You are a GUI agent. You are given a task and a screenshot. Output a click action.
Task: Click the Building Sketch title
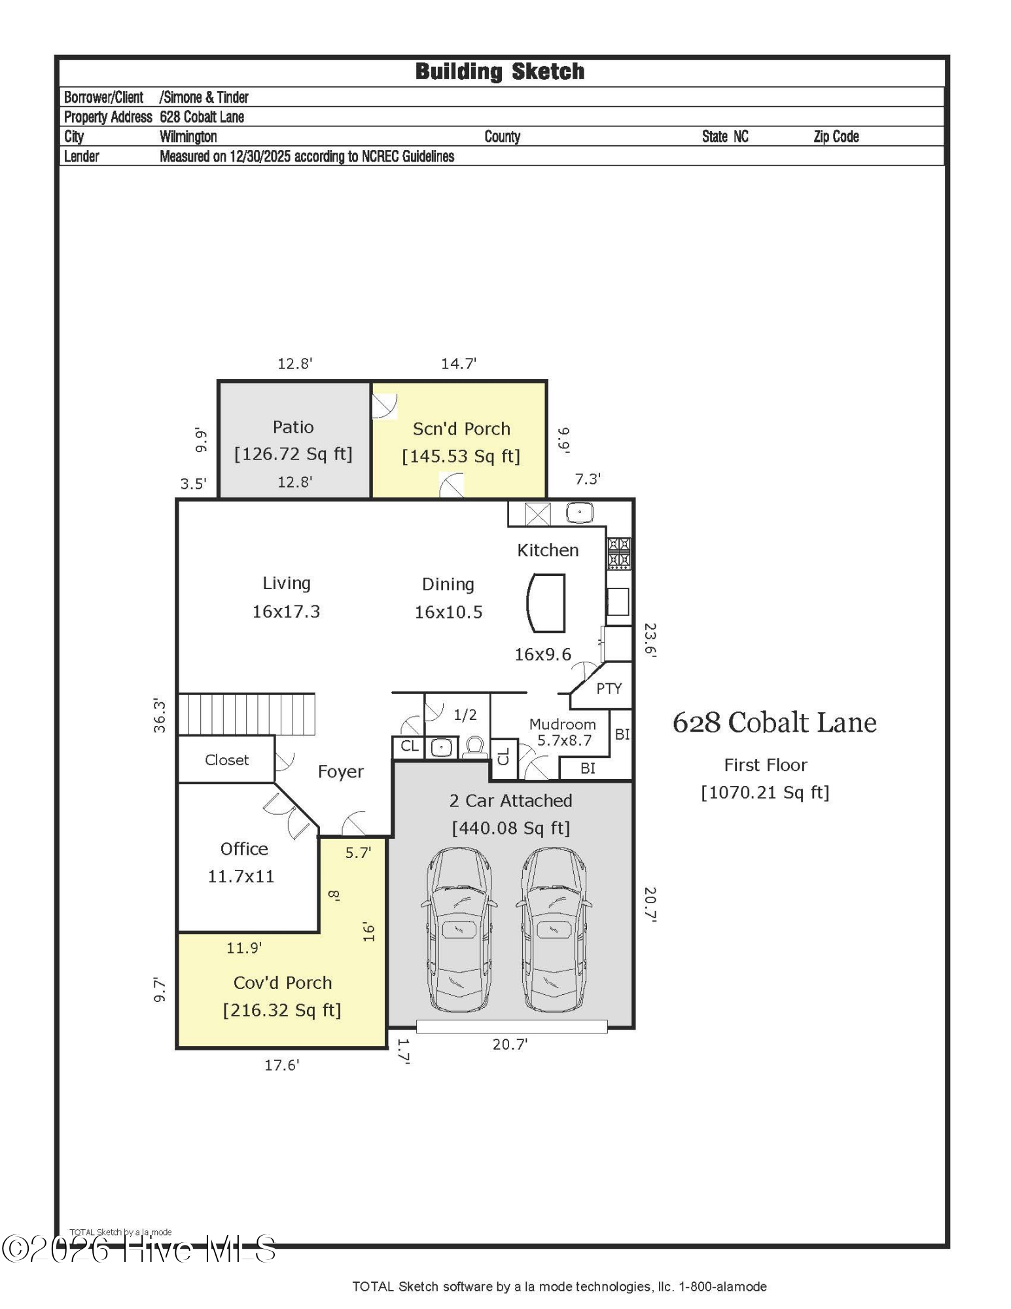point(500,71)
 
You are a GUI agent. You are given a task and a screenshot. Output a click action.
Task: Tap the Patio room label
point(293,427)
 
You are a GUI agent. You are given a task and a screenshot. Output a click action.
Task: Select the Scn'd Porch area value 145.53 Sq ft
point(461,456)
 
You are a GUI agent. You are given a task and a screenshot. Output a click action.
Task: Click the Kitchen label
point(548,550)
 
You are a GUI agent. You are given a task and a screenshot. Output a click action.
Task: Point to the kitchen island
point(546,603)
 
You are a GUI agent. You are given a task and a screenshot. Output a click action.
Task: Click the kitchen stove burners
point(619,553)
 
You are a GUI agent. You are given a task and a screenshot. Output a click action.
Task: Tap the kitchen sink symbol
point(580,512)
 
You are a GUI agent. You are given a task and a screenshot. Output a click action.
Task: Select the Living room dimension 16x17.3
point(286,611)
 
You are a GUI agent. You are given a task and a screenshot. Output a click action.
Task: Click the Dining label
point(448,584)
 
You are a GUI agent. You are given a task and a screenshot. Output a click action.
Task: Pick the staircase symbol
point(247,714)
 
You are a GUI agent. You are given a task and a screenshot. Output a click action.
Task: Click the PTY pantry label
point(609,689)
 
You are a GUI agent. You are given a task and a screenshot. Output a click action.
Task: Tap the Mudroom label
point(563,724)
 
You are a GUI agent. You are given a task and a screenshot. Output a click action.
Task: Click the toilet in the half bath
point(474,747)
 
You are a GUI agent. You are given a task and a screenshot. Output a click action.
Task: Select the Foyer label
point(340,772)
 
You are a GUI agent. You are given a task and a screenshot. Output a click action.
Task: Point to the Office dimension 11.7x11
point(241,876)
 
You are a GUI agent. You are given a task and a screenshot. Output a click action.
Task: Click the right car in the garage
point(554,930)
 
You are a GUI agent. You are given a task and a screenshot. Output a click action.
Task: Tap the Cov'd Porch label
point(283,982)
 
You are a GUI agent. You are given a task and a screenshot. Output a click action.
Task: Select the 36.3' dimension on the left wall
point(160,715)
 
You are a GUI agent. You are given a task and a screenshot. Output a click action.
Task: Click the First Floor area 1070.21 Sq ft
point(765,793)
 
